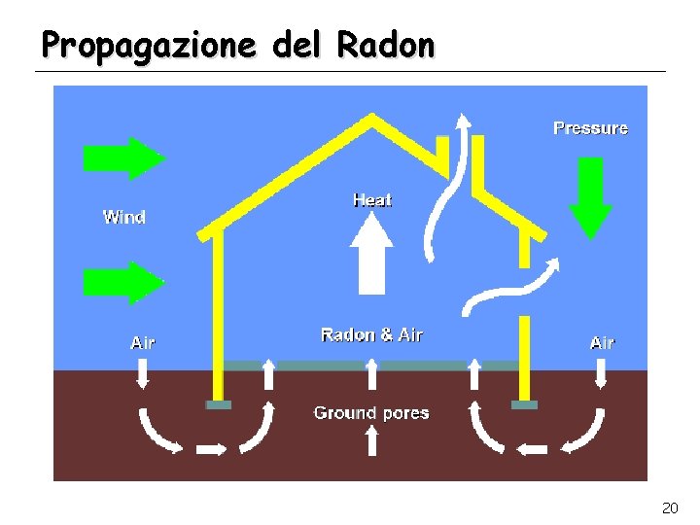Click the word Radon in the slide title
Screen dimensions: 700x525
(x=386, y=44)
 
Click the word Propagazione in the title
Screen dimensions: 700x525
(x=150, y=45)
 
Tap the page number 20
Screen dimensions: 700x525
(x=669, y=507)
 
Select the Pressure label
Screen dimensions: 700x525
(x=590, y=128)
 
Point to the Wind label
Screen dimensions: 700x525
(x=124, y=217)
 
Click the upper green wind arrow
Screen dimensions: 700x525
(x=124, y=157)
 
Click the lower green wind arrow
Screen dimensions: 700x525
(x=124, y=282)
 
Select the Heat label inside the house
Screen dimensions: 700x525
(x=371, y=200)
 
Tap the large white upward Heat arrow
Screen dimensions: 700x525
(x=370, y=255)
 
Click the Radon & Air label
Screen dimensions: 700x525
(x=371, y=334)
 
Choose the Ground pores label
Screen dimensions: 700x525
(x=371, y=413)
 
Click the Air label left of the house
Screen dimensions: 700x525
(x=143, y=342)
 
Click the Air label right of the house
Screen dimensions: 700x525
(x=602, y=342)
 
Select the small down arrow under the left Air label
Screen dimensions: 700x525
(x=143, y=373)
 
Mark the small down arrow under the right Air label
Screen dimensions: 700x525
(x=601, y=373)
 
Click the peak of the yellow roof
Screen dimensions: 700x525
(x=370, y=120)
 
